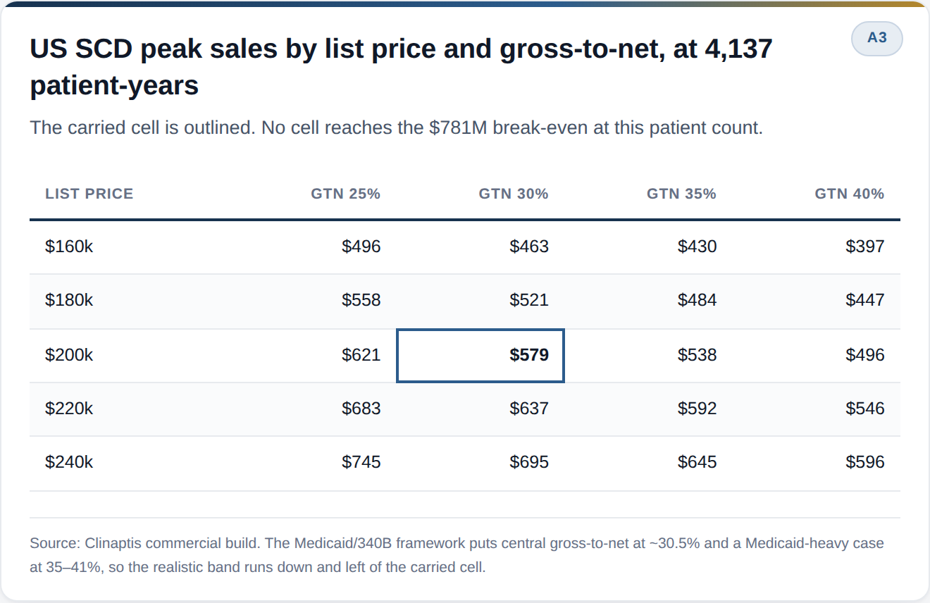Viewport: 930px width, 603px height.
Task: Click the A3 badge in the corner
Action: point(877,38)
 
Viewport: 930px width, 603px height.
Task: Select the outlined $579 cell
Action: point(480,355)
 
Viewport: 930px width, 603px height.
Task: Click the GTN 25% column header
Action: point(345,194)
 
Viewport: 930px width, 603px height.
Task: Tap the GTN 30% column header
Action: point(513,194)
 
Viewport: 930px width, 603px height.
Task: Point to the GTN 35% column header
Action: point(681,194)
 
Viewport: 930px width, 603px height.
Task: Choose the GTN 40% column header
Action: point(850,194)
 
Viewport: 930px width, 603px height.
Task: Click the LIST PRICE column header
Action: point(89,194)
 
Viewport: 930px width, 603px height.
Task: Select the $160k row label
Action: point(69,247)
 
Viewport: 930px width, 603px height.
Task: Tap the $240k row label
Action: point(69,462)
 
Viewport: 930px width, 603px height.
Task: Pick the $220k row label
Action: point(69,409)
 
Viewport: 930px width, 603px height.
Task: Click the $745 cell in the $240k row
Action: point(361,462)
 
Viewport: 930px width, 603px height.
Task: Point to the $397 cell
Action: point(864,247)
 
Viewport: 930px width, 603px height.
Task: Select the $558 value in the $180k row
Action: point(361,300)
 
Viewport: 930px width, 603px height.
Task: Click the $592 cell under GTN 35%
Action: point(697,409)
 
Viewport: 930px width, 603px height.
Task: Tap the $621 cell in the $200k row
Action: point(361,355)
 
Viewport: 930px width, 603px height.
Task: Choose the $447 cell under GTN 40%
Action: point(864,300)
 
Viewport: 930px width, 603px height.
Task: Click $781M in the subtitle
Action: point(458,128)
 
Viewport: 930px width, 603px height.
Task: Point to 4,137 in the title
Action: point(738,49)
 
